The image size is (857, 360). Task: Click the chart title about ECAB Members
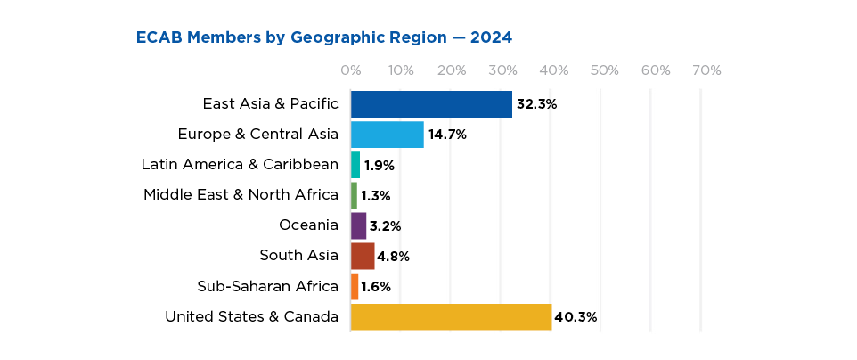[324, 37]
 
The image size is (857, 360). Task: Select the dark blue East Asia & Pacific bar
[431, 104]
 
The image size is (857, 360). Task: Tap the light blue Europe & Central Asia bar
[387, 135]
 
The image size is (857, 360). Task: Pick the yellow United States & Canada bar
[451, 316]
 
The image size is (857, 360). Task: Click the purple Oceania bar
[358, 225]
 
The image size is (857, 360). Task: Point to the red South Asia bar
[363, 256]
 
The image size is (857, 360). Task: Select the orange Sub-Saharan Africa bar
[355, 286]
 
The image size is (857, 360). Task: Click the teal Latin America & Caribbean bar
[355, 165]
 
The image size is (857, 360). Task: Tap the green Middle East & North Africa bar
[354, 195]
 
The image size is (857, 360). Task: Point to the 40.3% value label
[575, 316]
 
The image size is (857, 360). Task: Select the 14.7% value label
[447, 135]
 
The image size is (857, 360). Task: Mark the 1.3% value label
[376, 195]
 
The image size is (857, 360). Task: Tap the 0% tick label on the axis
[350, 70]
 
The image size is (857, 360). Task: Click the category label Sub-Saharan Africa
[267, 286]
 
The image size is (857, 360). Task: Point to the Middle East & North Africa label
[241, 195]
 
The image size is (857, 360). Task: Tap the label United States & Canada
[251, 316]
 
